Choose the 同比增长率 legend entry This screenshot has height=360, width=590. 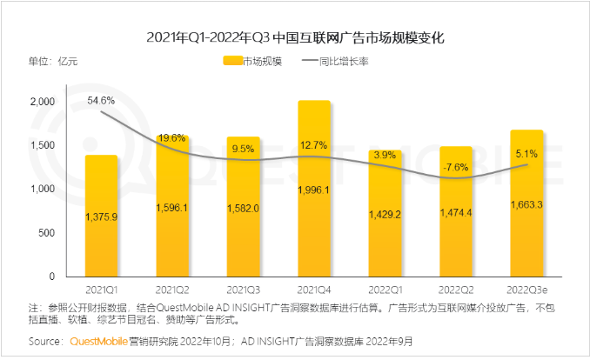(346, 62)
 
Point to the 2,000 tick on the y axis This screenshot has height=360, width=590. (42, 102)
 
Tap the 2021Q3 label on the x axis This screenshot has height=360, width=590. (244, 288)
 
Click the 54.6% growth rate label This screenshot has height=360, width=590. (102, 101)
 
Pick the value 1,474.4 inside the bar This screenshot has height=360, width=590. (456, 213)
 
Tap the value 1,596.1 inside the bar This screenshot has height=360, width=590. (172, 207)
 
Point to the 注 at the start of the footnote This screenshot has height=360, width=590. (34, 307)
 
